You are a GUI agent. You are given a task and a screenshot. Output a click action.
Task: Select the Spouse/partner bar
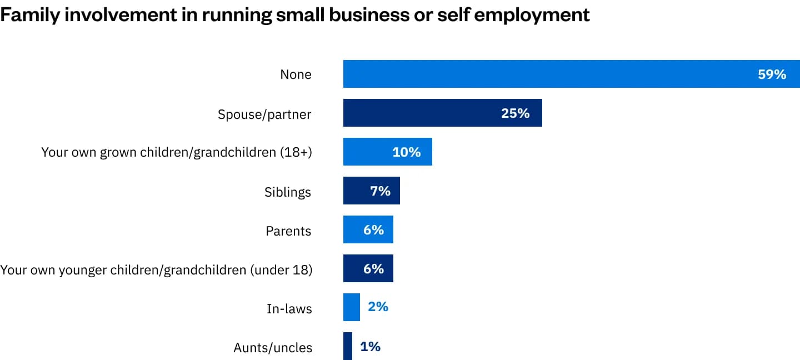click(x=422, y=113)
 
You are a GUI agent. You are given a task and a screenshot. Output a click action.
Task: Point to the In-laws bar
click(x=352, y=307)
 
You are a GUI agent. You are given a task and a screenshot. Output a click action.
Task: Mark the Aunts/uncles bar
click(x=348, y=346)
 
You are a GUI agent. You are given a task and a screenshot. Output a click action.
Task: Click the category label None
click(x=296, y=74)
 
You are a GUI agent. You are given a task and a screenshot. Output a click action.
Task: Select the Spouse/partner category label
click(x=264, y=114)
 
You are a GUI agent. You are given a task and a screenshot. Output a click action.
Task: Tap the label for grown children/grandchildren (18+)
click(x=177, y=153)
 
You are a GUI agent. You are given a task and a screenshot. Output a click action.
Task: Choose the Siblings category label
click(x=288, y=192)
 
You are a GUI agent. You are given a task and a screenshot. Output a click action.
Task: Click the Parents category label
click(x=288, y=231)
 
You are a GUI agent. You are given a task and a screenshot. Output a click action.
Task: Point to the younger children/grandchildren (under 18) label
click(x=156, y=270)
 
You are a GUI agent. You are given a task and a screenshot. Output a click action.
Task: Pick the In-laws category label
click(x=289, y=309)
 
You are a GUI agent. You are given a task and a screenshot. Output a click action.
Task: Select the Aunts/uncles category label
click(x=273, y=348)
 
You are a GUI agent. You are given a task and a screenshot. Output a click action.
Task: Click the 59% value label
click(x=772, y=74)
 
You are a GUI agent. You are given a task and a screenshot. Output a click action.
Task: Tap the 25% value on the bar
click(x=515, y=113)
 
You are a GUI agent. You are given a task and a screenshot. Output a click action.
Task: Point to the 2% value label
click(x=378, y=307)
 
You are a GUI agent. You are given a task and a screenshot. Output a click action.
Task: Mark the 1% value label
click(x=370, y=346)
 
